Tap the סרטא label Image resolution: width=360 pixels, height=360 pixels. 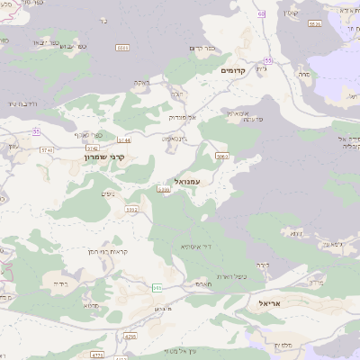[x=66, y=306]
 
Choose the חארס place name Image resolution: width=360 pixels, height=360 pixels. [x=202, y=283]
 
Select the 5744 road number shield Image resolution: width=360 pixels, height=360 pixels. [x=124, y=140]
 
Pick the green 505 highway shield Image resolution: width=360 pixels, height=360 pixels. [x=157, y=287]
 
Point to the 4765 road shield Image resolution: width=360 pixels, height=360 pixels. [x=130, y=337]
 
